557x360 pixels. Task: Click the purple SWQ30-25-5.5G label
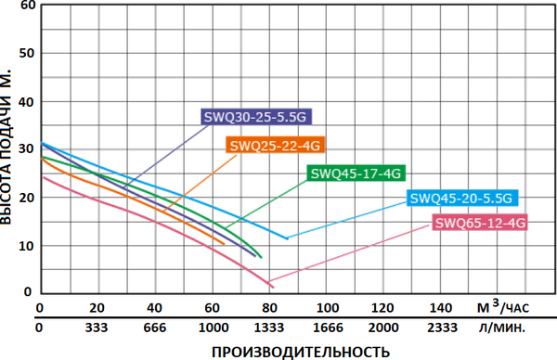tap(254, 117)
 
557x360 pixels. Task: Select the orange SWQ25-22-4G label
tap(274, 145)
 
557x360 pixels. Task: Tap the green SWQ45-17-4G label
tap(355, 173)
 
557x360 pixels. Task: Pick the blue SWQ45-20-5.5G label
tap(461, 198)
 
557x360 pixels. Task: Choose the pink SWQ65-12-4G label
tap(480, 223)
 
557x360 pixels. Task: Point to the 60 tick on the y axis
tap(26, 6)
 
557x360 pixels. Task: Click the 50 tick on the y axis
tap(26, 54)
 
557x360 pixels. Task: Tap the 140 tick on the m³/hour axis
tap(441, 308)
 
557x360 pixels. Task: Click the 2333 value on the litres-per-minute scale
tap(441, 328)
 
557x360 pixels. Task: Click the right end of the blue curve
tap(287, 238)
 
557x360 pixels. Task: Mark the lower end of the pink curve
tap(271, 285)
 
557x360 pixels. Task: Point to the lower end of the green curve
tap(261, 257)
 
